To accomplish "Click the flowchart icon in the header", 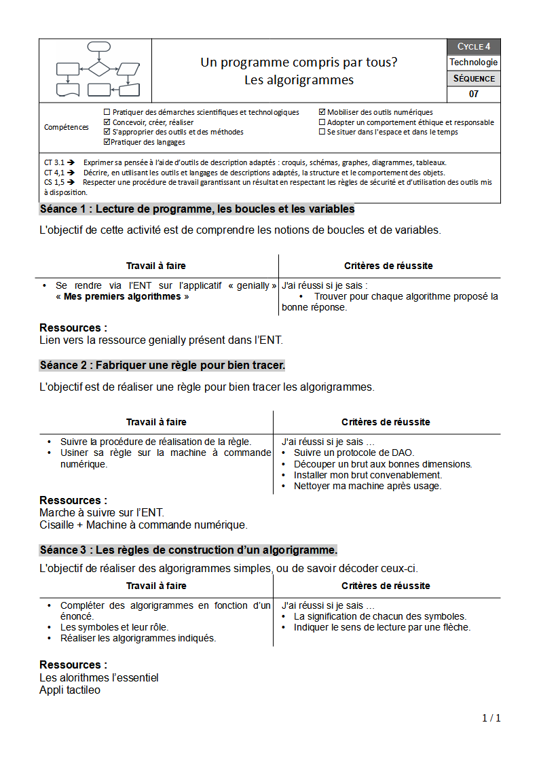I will click(x=98, y=70).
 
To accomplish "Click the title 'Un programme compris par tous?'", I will click(x=299, y=63).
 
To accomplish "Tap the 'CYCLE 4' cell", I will click(x=473, y=47).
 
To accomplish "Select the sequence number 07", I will click(x=473, y=94).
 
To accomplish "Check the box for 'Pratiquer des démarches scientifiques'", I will click(x=107, y=112).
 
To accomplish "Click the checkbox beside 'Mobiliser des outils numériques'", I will click(x=322, y=112).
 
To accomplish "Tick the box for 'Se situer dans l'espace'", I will click(x=322, y=132).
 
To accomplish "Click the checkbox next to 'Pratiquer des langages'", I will click(x=107, y=142).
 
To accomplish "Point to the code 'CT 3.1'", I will click(x=54, y=163).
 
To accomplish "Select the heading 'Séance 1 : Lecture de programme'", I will click(x=197, y=209).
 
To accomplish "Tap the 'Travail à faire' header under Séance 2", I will click(x=156, y=422).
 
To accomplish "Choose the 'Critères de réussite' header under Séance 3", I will click(x=386, y=586).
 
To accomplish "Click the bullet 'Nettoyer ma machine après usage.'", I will click(x=367, y=486).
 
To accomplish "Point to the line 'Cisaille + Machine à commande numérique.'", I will click(x=143, y=525).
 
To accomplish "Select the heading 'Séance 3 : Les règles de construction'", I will click(x=188, y=550).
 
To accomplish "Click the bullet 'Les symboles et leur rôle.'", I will click(x=114, y=627).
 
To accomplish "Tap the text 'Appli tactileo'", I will click(x=70, y=690).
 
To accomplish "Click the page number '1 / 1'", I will click(x=491, y=718).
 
